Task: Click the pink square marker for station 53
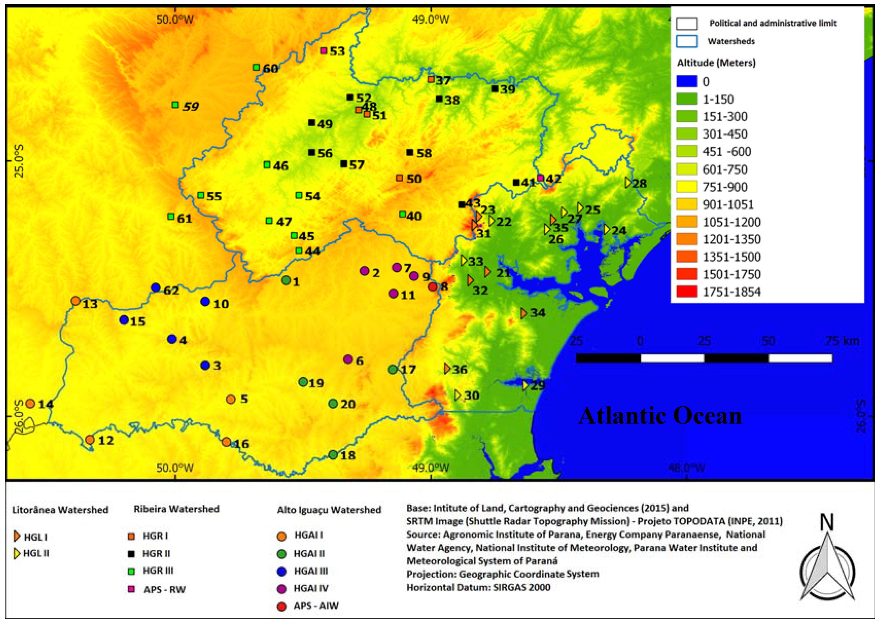coord(324,50)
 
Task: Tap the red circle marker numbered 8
coord(432,287)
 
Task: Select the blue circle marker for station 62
coord(156,287)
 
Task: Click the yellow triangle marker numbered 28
coord(628,183)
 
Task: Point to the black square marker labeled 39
coord(495,89)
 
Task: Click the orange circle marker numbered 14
coord(30,404)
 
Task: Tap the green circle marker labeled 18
coord(333,455)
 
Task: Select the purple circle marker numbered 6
coord(348,360)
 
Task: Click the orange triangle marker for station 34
coord(523,313)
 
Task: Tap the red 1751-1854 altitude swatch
coord(686,291)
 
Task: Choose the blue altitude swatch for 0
coord(686,81)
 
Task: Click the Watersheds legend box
coord(686,41)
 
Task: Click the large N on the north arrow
coord(827,522)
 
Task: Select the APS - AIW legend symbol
coord(281,606)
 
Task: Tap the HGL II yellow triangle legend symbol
coord(17,554)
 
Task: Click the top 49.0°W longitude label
coord(430,19)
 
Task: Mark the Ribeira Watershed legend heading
coord(176,509)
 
